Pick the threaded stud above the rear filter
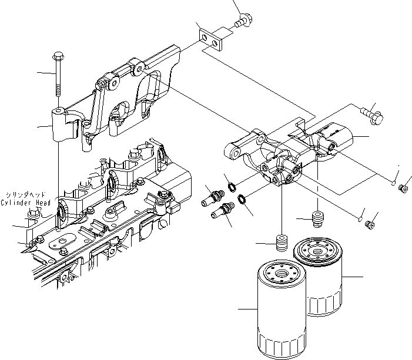point(319,219)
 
